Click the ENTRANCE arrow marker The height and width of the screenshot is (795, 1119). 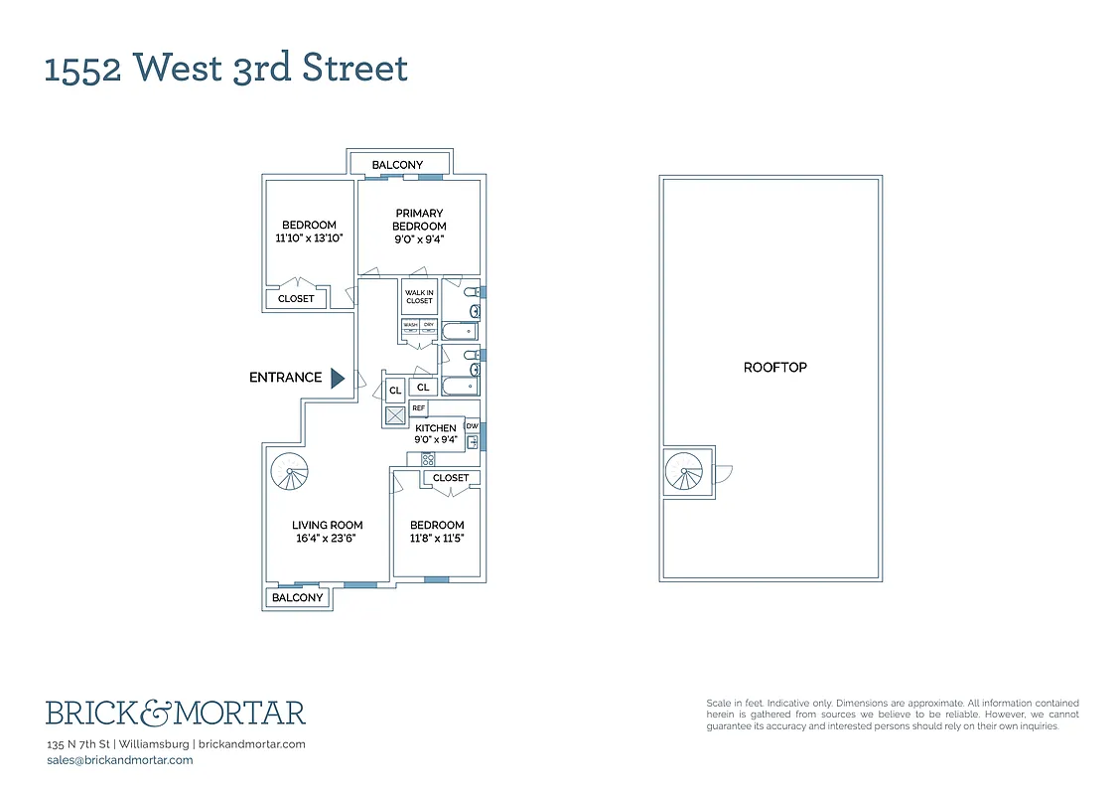337,378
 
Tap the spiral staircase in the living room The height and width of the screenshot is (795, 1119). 291,469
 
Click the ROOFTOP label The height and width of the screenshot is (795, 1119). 774,368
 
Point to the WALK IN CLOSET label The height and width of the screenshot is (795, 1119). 419,296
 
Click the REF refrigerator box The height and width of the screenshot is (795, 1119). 419,407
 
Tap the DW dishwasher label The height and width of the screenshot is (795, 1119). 472,426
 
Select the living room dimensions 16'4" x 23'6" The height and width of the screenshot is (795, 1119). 327,538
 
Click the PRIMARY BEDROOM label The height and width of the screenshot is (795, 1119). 419,220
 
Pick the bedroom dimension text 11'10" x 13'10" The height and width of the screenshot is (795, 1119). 309,238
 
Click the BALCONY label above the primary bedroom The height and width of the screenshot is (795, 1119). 397,165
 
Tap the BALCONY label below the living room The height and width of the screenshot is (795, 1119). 298,597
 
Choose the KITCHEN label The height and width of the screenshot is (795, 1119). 436,428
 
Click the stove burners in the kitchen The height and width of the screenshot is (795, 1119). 428,459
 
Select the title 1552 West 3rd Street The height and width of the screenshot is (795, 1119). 226,69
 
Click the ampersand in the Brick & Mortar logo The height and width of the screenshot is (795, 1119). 160,713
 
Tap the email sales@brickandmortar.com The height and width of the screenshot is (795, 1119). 120,760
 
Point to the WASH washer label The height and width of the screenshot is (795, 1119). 410,325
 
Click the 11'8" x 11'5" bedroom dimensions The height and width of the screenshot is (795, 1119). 436,538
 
